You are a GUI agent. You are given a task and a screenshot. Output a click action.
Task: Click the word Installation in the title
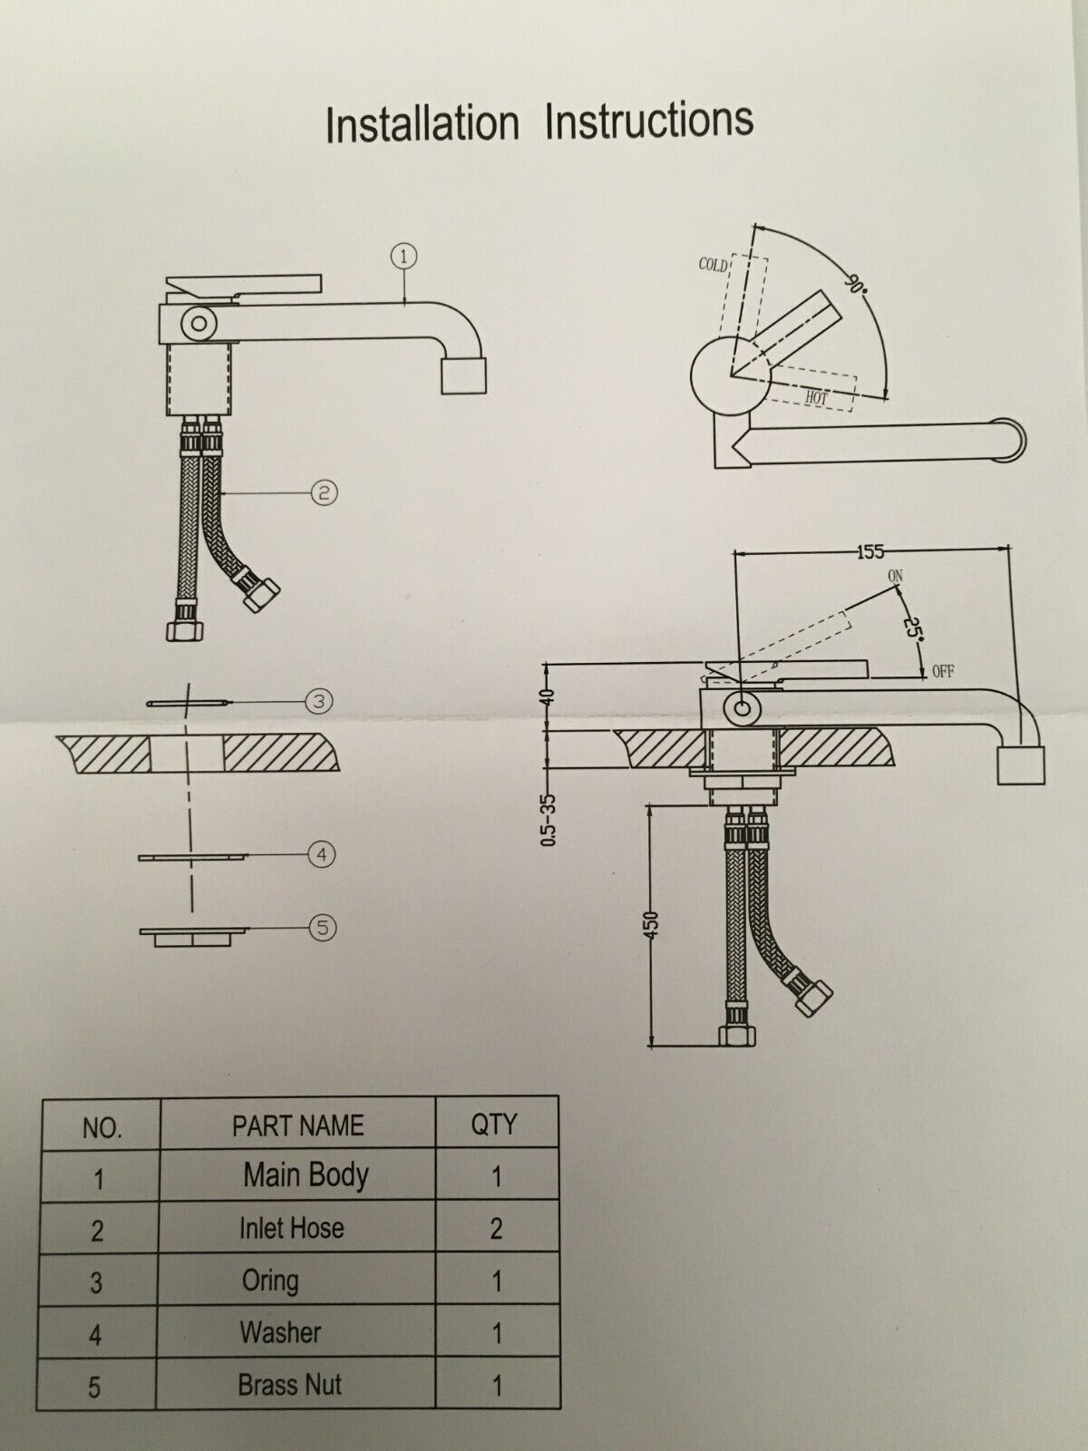[x=423, y=124]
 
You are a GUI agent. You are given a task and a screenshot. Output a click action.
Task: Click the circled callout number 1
[x=403, y=257]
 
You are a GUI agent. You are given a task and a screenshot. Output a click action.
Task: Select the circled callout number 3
[x=319, y=701]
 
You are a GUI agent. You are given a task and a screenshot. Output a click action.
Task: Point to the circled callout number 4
[x=322, y=855]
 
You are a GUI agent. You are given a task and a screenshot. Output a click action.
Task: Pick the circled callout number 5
[x=323, y=928]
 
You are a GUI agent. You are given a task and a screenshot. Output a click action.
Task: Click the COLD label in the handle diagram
[x=713, y=265]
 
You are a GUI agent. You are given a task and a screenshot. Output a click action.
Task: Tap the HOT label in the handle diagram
[x=817, y=397]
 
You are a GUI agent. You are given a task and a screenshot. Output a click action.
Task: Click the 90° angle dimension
[x=855, y=284]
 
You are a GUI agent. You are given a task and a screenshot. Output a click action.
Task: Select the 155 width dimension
[x=870, y=551]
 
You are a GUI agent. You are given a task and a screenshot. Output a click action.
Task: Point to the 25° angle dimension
[x=913, y=627]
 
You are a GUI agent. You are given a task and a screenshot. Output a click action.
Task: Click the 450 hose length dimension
[x=651, y=924]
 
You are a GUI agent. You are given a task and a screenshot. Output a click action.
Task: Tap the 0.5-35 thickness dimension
[x=549, y=819]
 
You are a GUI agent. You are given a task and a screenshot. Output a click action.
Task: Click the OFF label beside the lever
[x=943, y=672]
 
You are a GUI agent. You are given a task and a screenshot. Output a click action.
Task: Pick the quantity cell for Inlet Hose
[x=496, y=1228]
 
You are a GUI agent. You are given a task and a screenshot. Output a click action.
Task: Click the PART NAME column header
[x=298, y=1125]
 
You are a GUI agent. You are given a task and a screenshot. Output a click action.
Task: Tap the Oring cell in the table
[x=269, y=1281]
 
